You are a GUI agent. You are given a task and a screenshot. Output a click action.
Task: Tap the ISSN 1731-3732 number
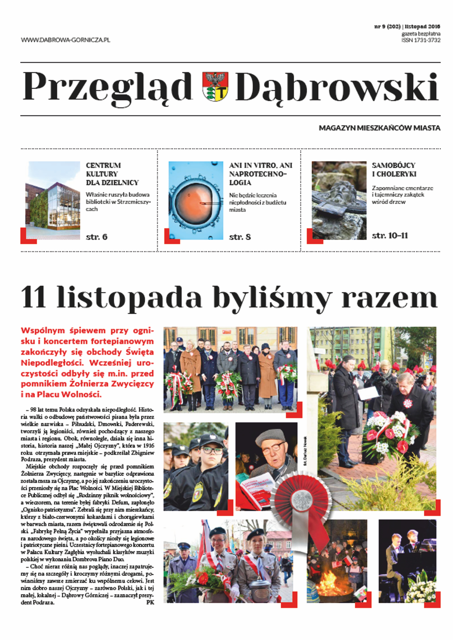pyautogui.click(x=421, y=40)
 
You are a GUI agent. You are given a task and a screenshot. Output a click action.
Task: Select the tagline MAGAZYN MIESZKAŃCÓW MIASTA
pyautogui.click(x=380, y=128)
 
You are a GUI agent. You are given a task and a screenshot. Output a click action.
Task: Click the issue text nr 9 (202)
pyautogui.click(x=387, y=27)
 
